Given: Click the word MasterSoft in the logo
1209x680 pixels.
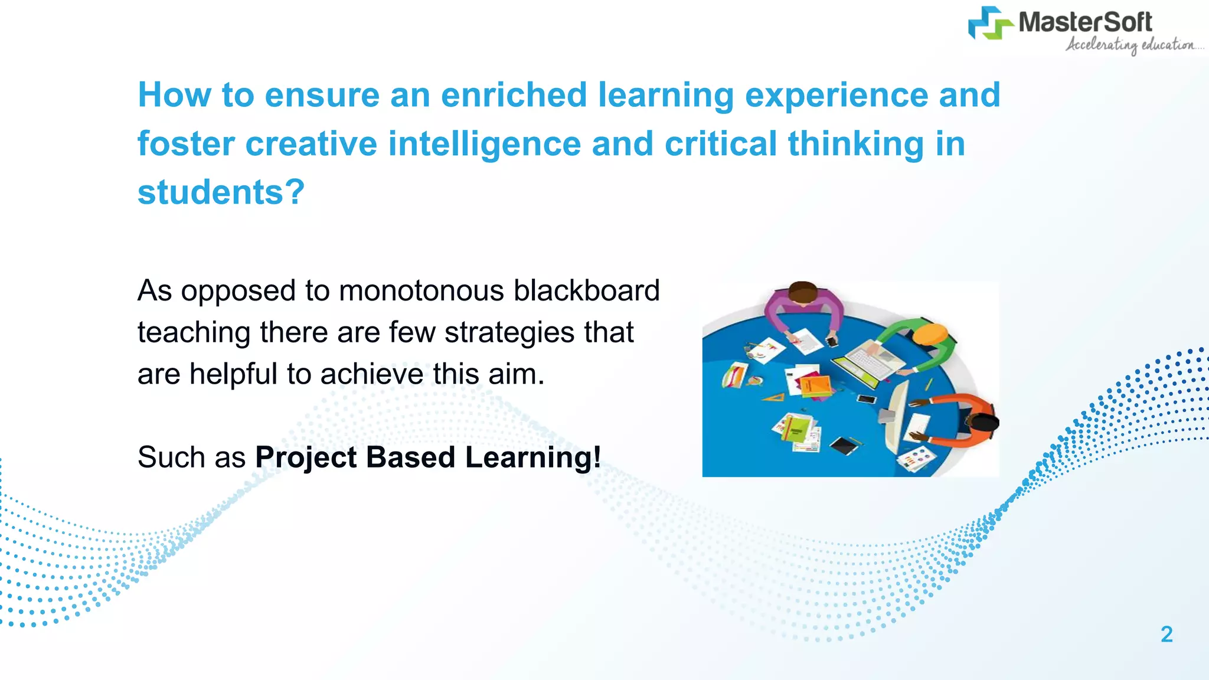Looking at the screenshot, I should click(1085, 22).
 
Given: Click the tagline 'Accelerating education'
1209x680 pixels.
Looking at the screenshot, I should click(1130, 45).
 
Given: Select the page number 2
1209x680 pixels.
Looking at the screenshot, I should click(1166, 634).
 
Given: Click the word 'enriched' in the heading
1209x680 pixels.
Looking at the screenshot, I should click(514, 95).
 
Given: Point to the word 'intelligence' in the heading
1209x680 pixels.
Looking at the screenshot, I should click(484, 144).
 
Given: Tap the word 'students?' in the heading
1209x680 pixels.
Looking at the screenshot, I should click(221, 192).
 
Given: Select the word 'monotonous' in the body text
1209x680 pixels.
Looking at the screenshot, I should click(421, 291).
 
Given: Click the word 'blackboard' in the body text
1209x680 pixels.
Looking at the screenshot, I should click(586, 291).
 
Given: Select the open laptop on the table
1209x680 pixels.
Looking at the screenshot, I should click(868, 360).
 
